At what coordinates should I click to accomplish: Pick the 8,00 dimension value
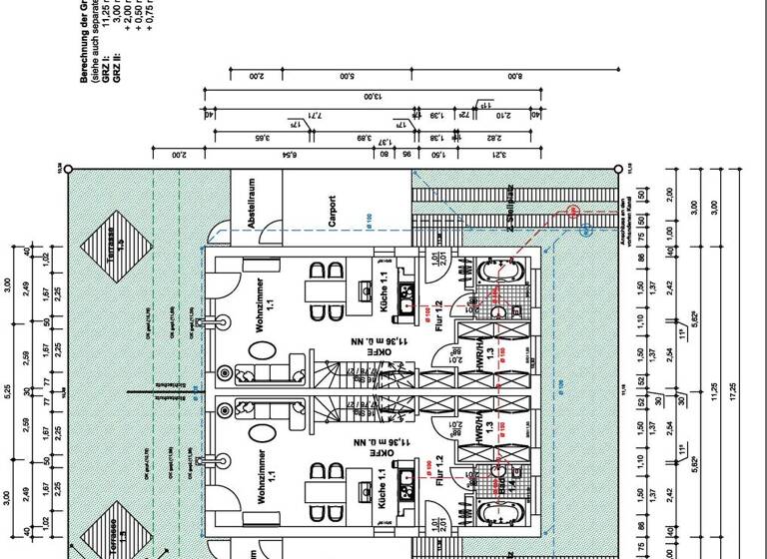coord(514,76)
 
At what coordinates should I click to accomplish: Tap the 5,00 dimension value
coord(346,76)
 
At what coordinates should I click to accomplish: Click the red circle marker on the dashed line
coord(573,211)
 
